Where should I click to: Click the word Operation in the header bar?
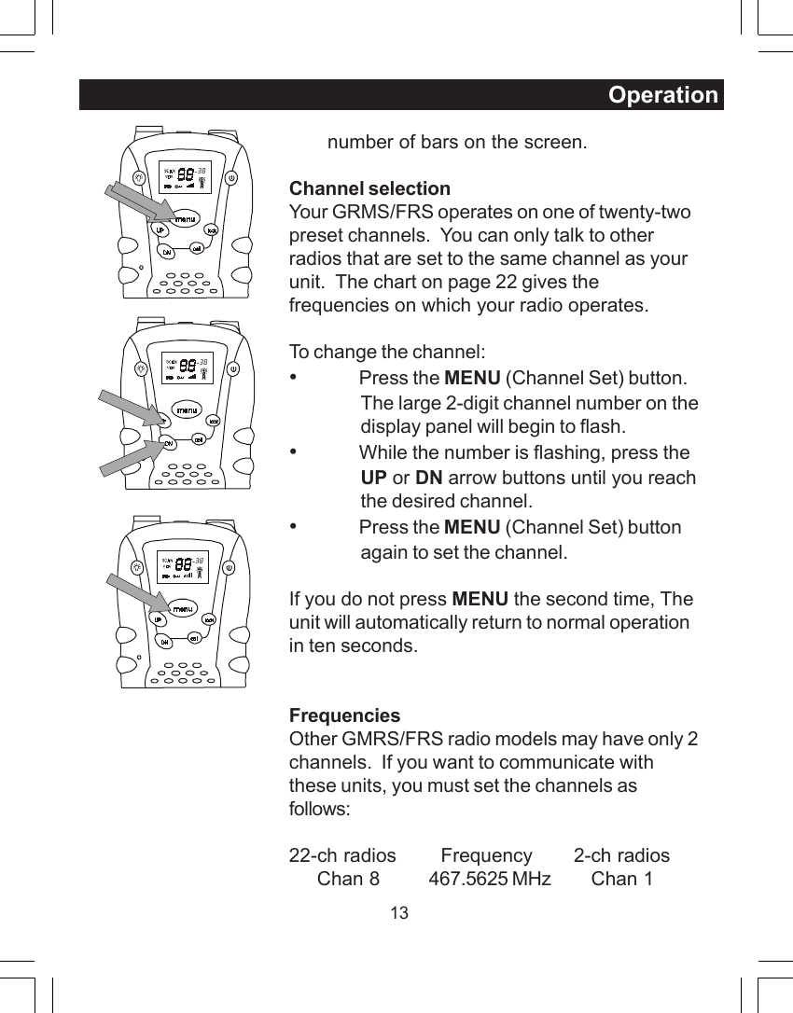(662, 95)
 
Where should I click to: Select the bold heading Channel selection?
(369, 189)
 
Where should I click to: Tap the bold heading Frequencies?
(344, 715)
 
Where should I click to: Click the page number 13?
(398, 913)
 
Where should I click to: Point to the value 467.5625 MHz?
(489, 879)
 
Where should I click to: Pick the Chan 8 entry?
(348, 879)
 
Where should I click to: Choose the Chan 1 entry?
(621, 879)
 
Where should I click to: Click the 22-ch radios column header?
(342, 855)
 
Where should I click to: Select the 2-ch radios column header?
(621, 855)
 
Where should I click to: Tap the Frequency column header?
(486, 855)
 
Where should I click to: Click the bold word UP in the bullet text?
(373, 478)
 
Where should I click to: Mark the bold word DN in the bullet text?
(428, 478)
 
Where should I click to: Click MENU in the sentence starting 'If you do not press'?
(480, 598)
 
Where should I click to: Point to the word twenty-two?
(645, 212)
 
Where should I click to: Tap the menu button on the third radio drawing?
(183, 609)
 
